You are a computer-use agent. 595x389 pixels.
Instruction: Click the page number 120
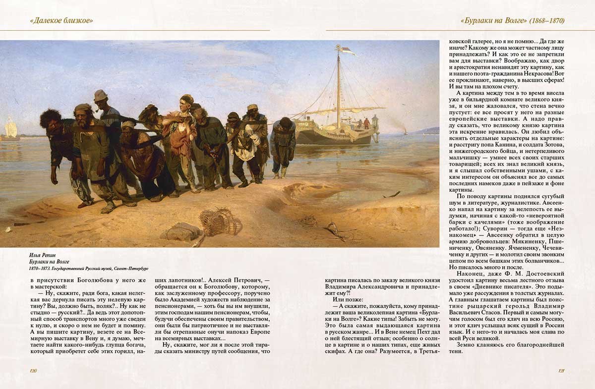pos(34,370)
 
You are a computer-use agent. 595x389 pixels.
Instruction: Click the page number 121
pos(561,370)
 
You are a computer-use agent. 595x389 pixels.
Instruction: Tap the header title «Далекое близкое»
pos(61,20)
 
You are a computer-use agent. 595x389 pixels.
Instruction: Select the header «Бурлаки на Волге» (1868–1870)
pos(512,20)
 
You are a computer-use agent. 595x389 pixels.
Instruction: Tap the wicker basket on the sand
pos(220,222)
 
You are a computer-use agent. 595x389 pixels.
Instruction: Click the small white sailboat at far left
pos(10,130)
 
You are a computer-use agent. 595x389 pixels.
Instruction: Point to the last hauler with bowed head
pos(284,141)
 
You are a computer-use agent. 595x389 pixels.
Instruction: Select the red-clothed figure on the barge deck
pos(366,123)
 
